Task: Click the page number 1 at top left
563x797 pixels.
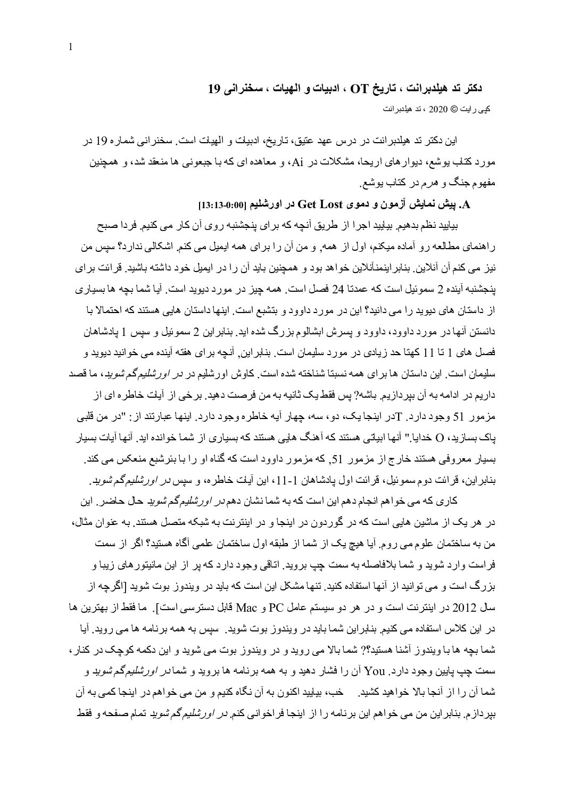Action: [x=71, y=48]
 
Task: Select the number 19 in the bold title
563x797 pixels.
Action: [x=214, y=88]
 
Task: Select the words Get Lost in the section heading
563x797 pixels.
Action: [x=320, y=204]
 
